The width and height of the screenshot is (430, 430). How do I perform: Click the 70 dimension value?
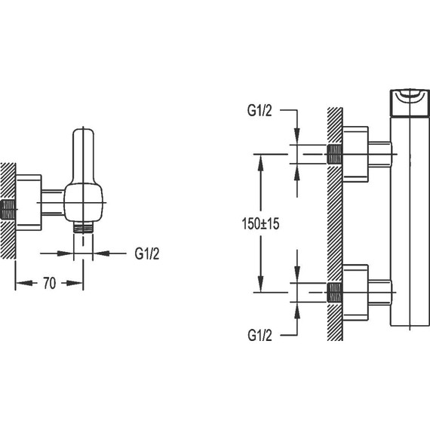click(49, 284)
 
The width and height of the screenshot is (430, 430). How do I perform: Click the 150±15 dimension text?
click(260, 223)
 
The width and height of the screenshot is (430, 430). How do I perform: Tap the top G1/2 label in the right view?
click(260, 110)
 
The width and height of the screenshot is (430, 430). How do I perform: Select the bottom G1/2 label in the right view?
click(260, 335)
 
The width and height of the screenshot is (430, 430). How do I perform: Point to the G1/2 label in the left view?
click(146, 253)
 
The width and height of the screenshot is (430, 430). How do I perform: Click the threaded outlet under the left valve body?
click(84, 227)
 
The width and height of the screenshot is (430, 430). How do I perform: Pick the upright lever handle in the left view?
click(84, 156)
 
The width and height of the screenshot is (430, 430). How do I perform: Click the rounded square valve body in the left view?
click(84, 202)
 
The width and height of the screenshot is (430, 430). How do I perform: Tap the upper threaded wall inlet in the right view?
click(334, 154)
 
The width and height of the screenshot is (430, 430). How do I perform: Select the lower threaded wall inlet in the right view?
click(334, 293)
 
